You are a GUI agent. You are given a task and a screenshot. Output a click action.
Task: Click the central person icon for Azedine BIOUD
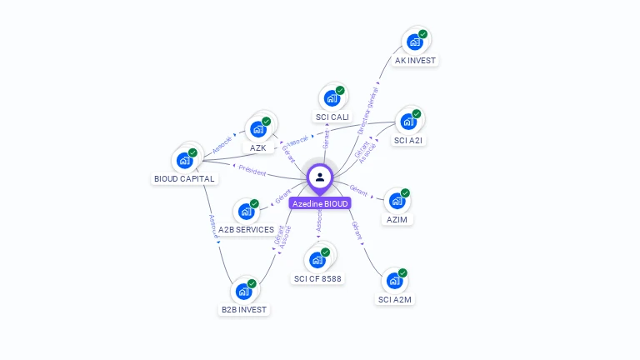tap(320, 177)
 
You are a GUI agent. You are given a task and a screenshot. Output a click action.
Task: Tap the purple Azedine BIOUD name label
tap(320, 203)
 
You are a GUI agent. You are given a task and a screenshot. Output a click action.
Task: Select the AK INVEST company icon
tap(414, 42)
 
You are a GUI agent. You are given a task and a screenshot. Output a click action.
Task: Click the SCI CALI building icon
tap(332, 98)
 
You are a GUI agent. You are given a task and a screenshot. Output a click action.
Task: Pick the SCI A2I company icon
tap(408, 122)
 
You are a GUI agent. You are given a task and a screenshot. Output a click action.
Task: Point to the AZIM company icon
tap(397, 201)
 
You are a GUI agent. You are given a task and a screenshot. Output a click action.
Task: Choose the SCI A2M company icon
tap(394, 281)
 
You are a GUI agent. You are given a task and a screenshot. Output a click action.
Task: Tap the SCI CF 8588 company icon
tap(317, 259)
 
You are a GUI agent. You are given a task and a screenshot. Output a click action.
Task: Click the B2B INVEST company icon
tap(243, 292)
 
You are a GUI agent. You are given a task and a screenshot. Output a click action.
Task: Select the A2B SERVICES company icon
tap(246, 212)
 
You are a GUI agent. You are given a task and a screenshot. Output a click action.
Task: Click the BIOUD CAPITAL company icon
tap(184, 160)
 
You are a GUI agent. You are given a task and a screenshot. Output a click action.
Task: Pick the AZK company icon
tap(257, 129)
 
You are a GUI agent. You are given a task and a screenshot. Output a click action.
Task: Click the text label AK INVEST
tap(415, 61)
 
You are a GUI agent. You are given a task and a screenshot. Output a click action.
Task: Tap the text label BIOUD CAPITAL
tap(184, 178)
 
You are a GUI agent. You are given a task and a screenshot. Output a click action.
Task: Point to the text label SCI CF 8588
tap(317, 278)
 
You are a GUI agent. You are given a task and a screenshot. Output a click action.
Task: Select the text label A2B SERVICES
tap(246, 230)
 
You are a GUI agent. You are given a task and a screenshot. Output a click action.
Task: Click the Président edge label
tap(252, 170)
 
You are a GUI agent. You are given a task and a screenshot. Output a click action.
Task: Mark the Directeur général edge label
tap(367, 114)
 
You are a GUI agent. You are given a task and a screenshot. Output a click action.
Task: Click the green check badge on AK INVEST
tap(422, 34)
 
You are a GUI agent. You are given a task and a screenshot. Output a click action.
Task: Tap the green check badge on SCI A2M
tap(402, 272)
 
